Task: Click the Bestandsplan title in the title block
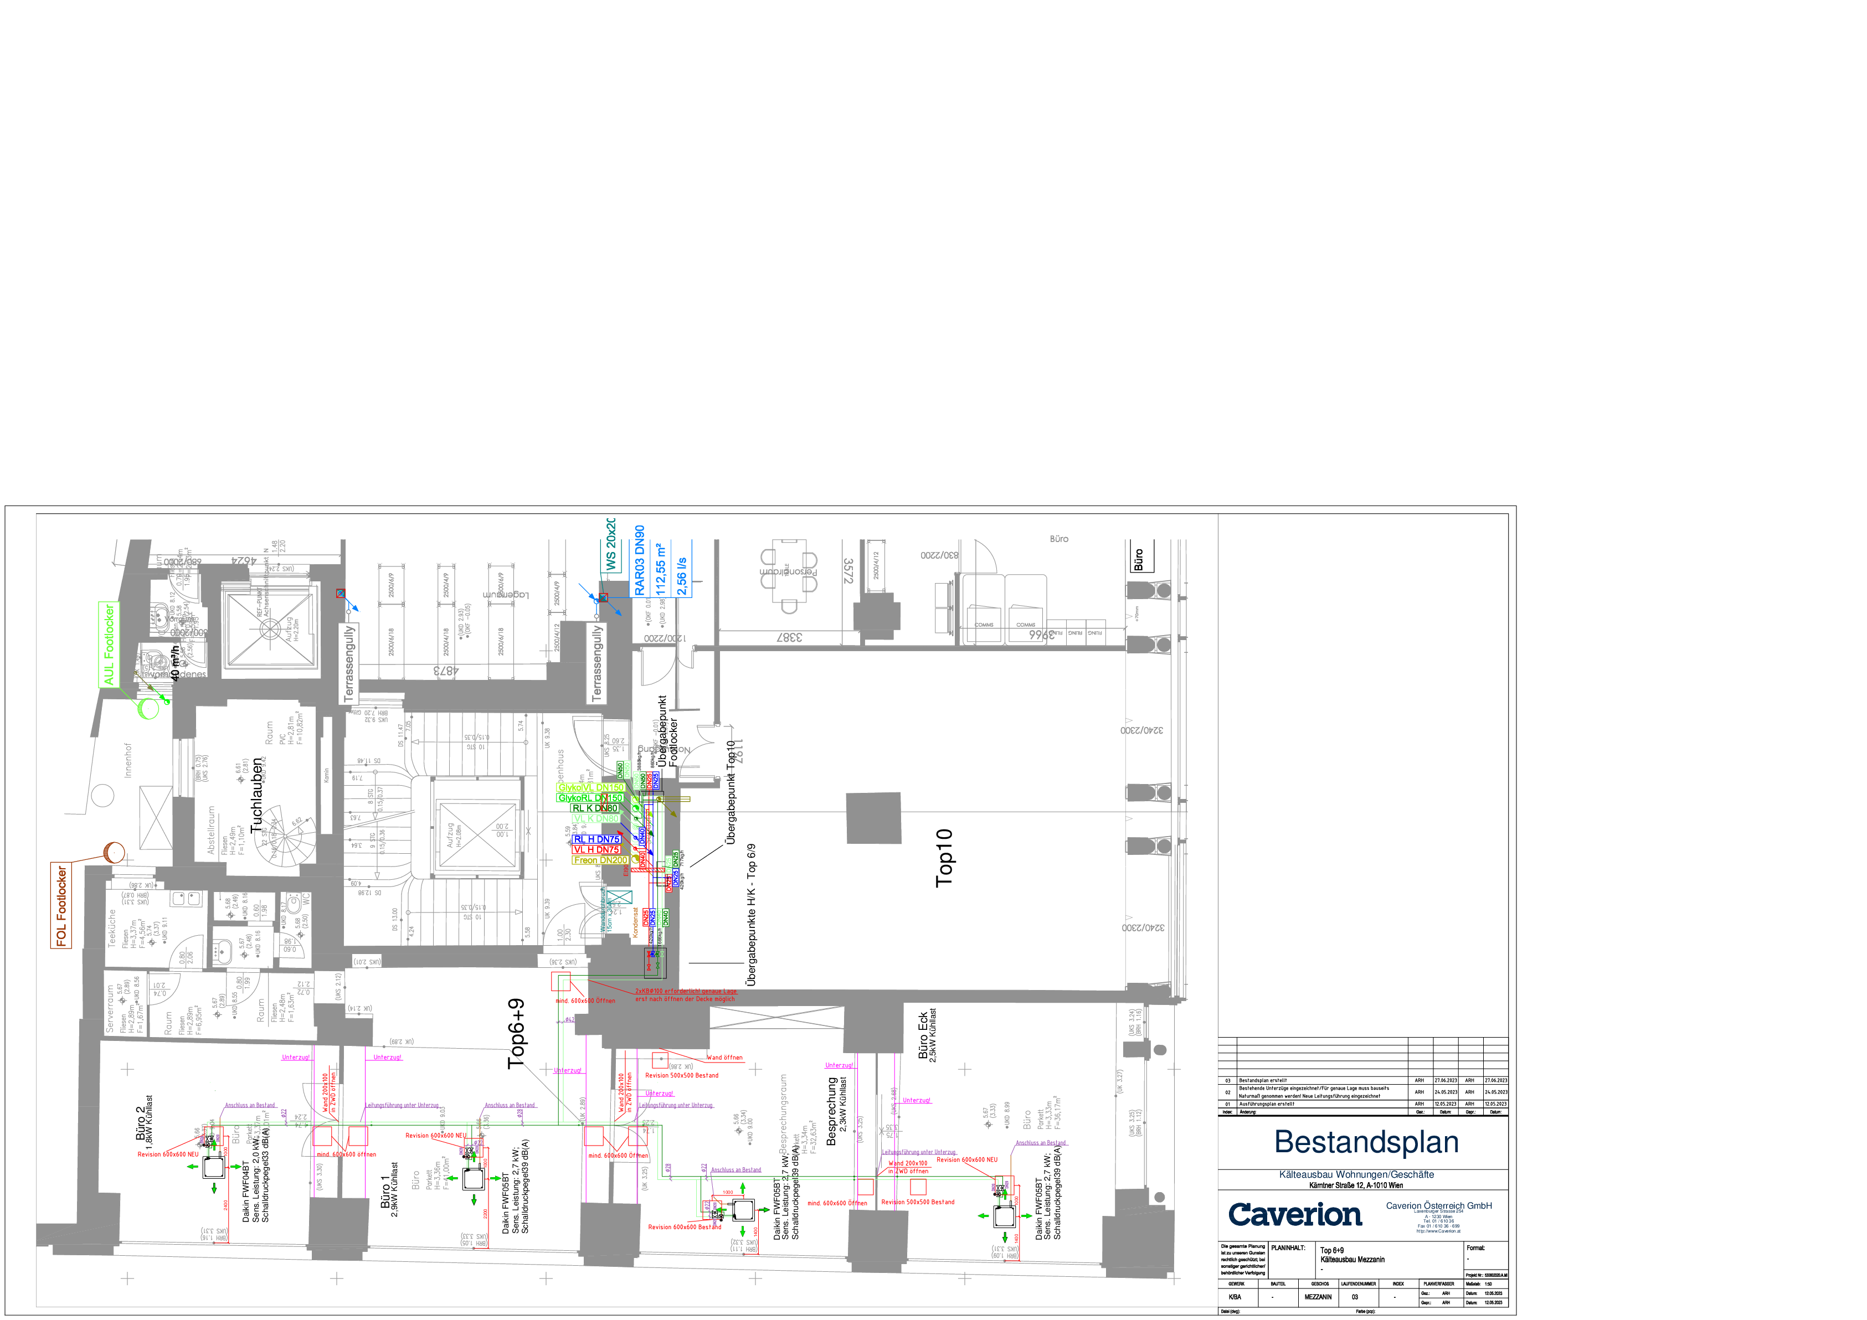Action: point(1366,1142)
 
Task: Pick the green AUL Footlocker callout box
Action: point(108,644)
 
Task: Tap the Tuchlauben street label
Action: point(258,796)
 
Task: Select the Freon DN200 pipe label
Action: point(600,860)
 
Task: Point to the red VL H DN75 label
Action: point(596,849)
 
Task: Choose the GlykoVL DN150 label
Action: point(591,787)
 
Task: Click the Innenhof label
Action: point(128,760)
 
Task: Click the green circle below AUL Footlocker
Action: point(148,709)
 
